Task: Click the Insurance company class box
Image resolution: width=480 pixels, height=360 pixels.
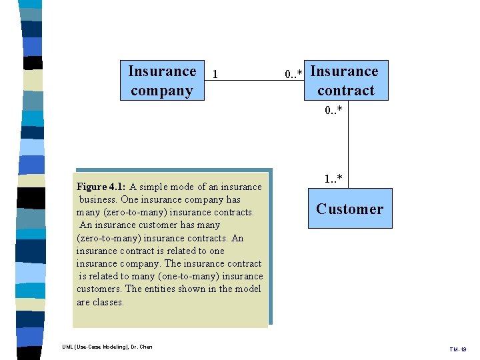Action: (x=162, y=81)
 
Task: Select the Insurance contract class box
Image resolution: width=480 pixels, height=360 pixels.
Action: (x=345, y=81)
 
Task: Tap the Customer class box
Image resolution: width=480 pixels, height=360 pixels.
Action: (x=349, y=209)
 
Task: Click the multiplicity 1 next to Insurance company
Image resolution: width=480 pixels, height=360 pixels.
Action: (x=215, y=75)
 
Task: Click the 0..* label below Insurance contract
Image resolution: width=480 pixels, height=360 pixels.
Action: (x=334, y=110)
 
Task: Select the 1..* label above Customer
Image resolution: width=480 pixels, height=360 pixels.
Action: (x=334, y=179)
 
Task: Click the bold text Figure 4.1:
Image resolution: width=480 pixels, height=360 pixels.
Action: (x=101, y=187)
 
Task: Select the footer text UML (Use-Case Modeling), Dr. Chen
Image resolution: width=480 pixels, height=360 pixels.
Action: (x=107, y=347)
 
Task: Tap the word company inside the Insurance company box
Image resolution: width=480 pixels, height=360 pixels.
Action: (x=162, y=91)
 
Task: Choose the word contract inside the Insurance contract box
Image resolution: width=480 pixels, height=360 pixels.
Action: (x=345, y=91)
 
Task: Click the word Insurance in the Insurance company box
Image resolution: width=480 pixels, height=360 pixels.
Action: (x=162, y=71)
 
